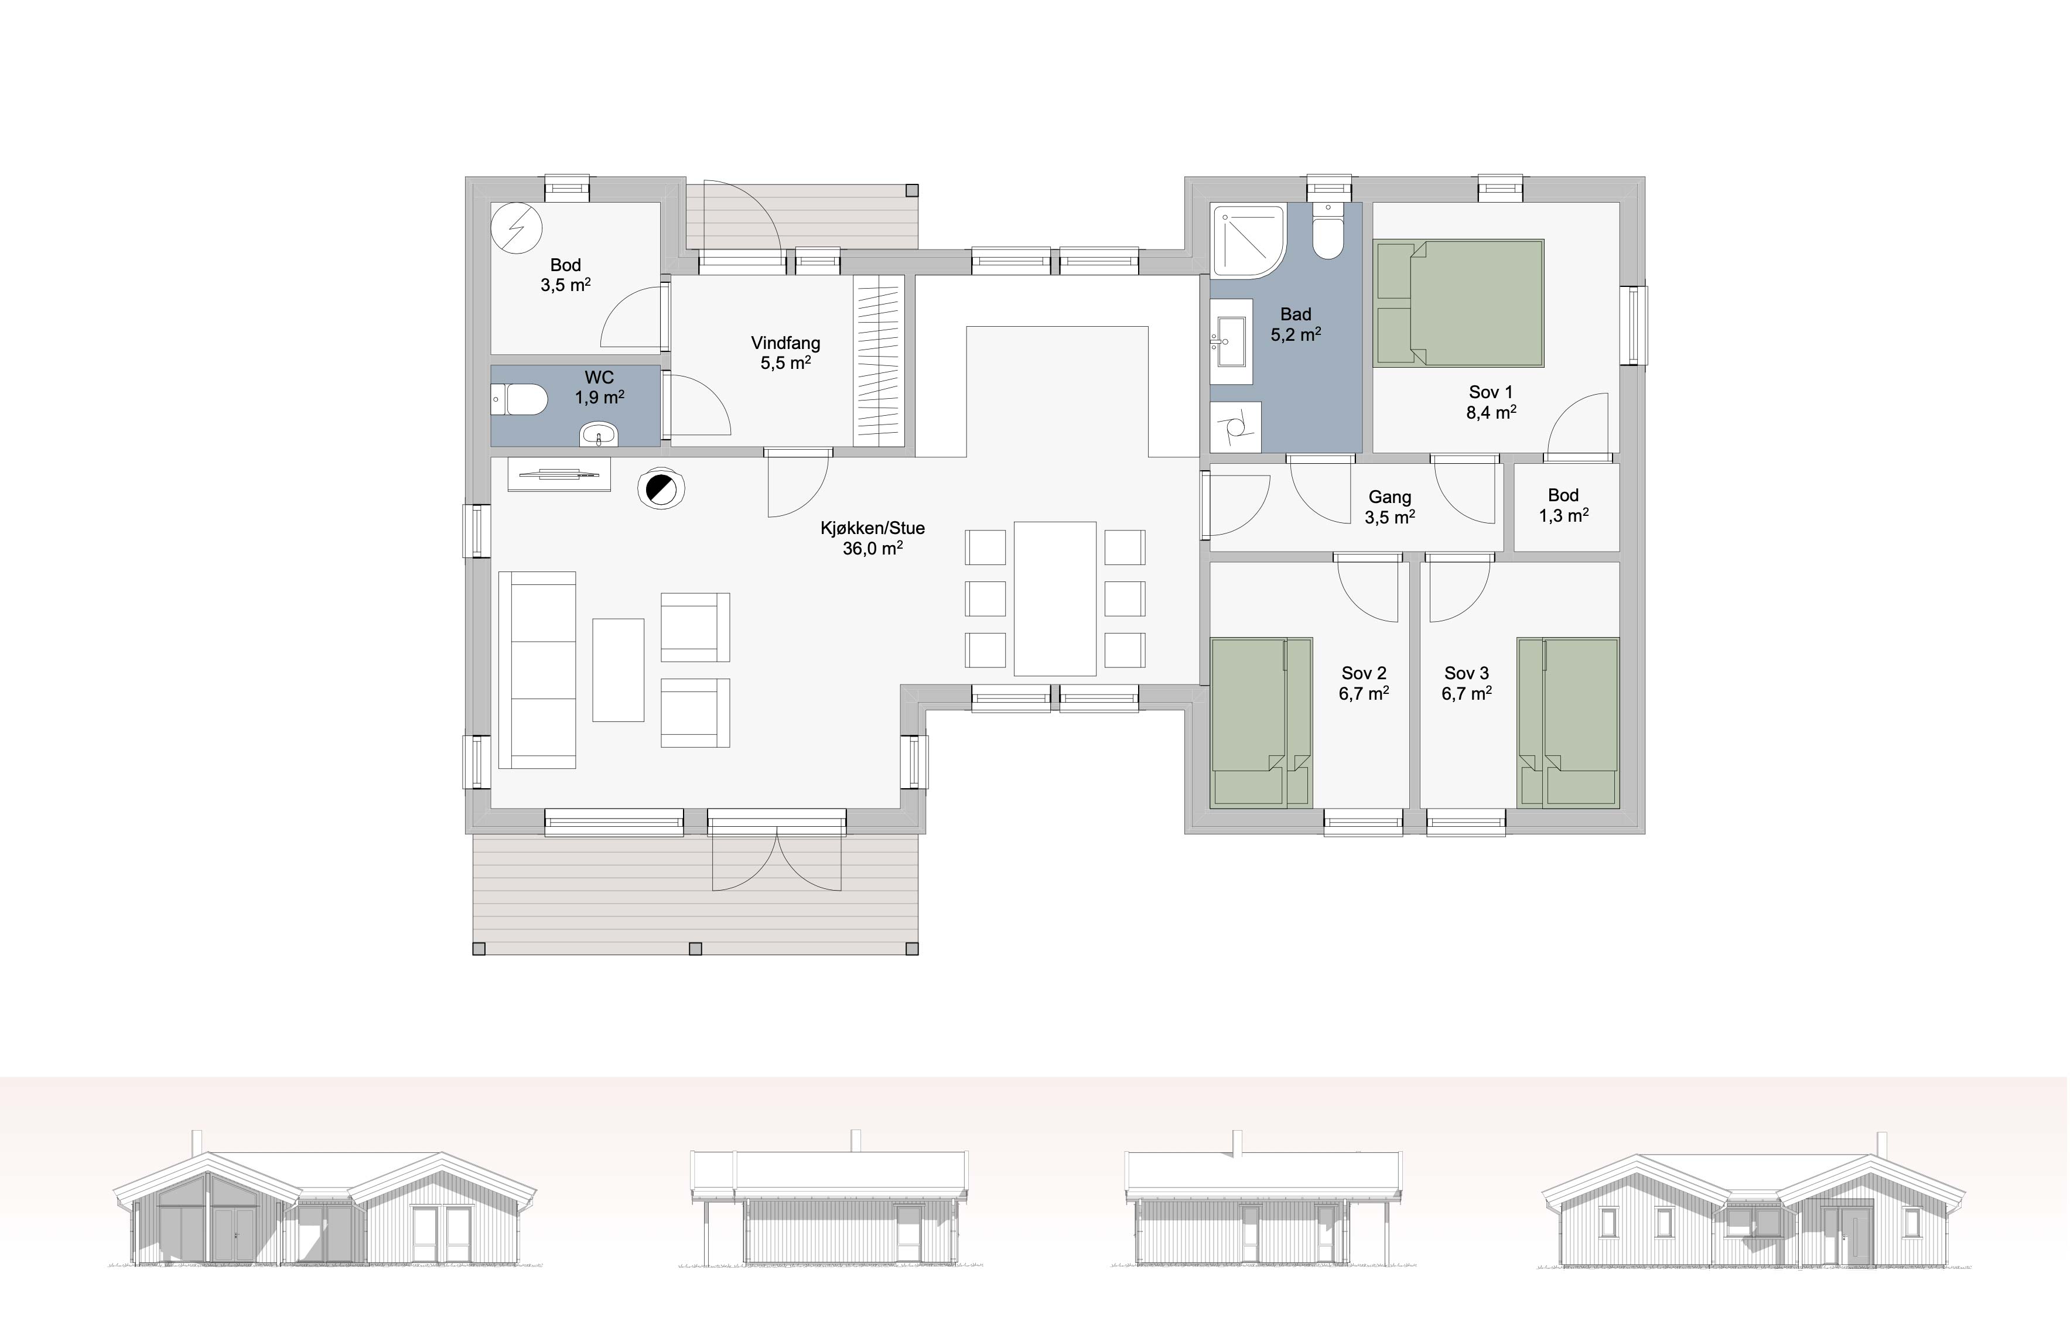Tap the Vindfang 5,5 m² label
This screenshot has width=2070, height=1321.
[785, 353]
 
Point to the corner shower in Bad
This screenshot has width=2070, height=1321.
[1248, 241]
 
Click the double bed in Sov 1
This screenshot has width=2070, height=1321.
[1459, 303]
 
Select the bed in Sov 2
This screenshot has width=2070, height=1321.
[1261, 722]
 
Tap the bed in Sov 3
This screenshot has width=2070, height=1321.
[1569, 722]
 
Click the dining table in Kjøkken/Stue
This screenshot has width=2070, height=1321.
[1055, 598]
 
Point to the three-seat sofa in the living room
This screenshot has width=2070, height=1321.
[537, 669]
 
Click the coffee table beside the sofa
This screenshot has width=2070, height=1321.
[618, 669]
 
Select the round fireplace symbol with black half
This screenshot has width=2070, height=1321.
[661, 489]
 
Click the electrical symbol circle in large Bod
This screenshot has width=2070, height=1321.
[517, 228]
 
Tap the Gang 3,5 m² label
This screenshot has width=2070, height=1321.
[1390, 507]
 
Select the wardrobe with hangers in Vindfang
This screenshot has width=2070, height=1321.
[879, 361]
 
